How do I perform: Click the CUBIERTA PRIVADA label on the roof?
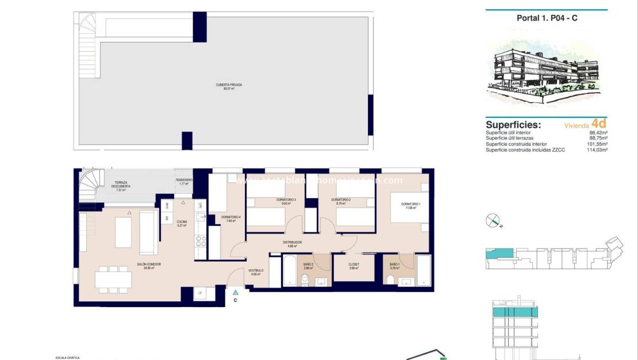point(229,86)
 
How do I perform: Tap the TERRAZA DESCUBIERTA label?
point(121,186)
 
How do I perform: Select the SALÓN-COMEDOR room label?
point(149,266)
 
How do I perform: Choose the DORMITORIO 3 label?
point(288,201)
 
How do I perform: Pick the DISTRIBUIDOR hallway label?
point(291,244)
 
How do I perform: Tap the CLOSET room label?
point(353,266)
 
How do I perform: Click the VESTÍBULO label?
point(256,272)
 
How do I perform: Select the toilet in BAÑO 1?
point(391,280)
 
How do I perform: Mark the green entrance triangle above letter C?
point(235,293)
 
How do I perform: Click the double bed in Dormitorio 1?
point(409,208)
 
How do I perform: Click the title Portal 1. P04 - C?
point(547,18)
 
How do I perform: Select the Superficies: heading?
point(513,124)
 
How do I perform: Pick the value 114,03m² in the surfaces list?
point(594,150)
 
